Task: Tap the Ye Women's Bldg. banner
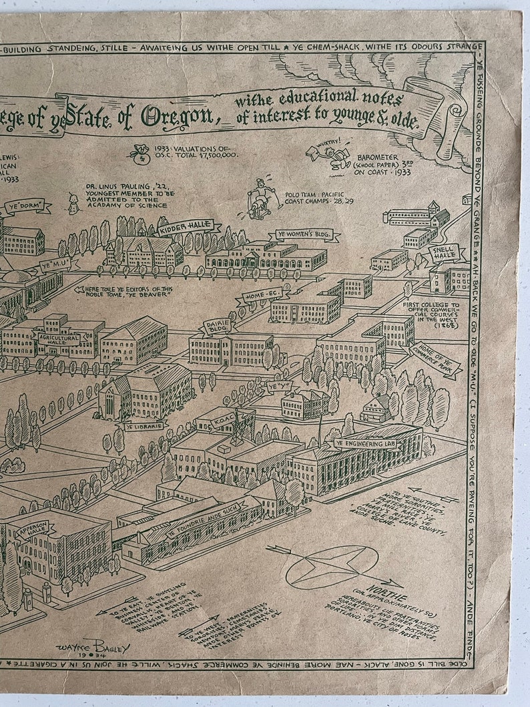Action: click(304, 236)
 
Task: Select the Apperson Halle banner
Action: click(31, 528)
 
